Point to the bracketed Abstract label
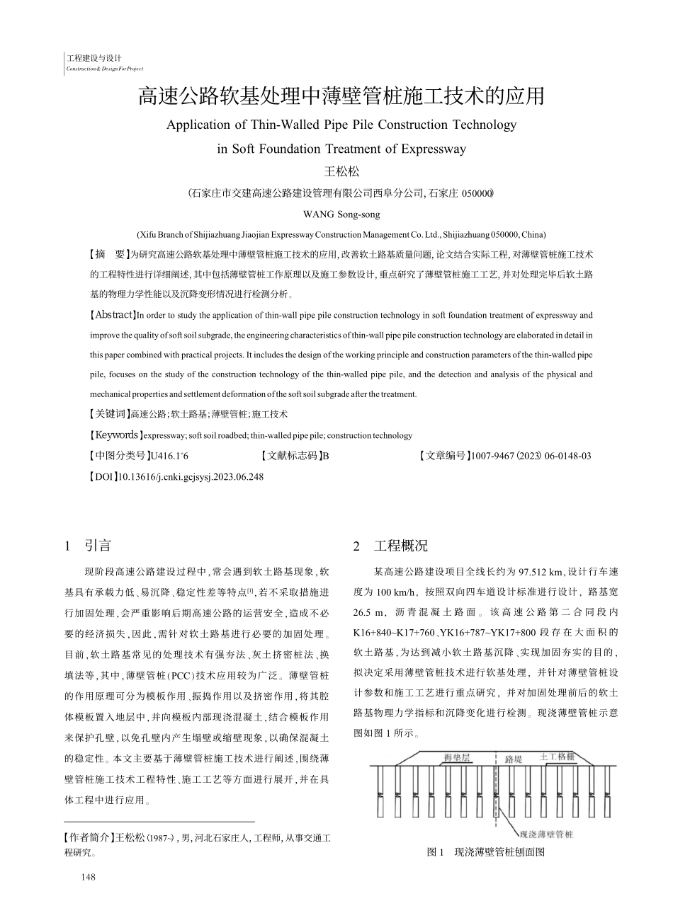point(113,315)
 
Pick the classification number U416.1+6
point(169,456)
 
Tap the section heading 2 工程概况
point(390,546)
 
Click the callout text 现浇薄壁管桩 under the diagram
point(546,834)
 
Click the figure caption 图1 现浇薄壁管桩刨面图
point(485,853)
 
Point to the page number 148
point(88,878)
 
